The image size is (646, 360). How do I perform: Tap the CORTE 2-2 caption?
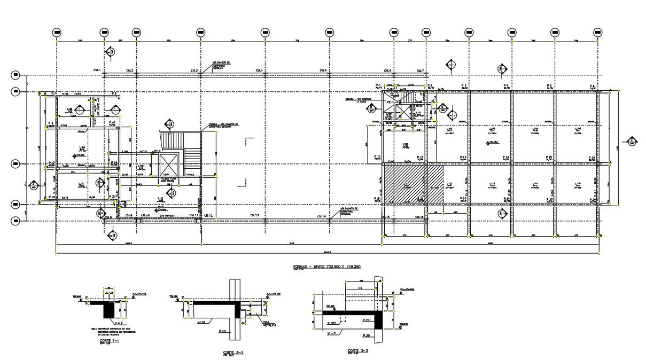pos(234,352)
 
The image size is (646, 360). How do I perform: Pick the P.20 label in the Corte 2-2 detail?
pos(223,332)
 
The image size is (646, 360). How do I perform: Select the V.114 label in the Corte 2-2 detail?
pos(203,321)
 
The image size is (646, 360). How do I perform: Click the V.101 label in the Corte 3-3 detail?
pos(367,320)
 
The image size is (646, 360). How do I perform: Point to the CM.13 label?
pos(254,215)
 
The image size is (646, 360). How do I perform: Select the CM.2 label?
pos(130,71)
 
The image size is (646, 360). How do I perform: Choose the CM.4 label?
pos(259,71)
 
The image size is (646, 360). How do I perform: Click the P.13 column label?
pos(463,157)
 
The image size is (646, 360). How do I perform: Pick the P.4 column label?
pos(505,85)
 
